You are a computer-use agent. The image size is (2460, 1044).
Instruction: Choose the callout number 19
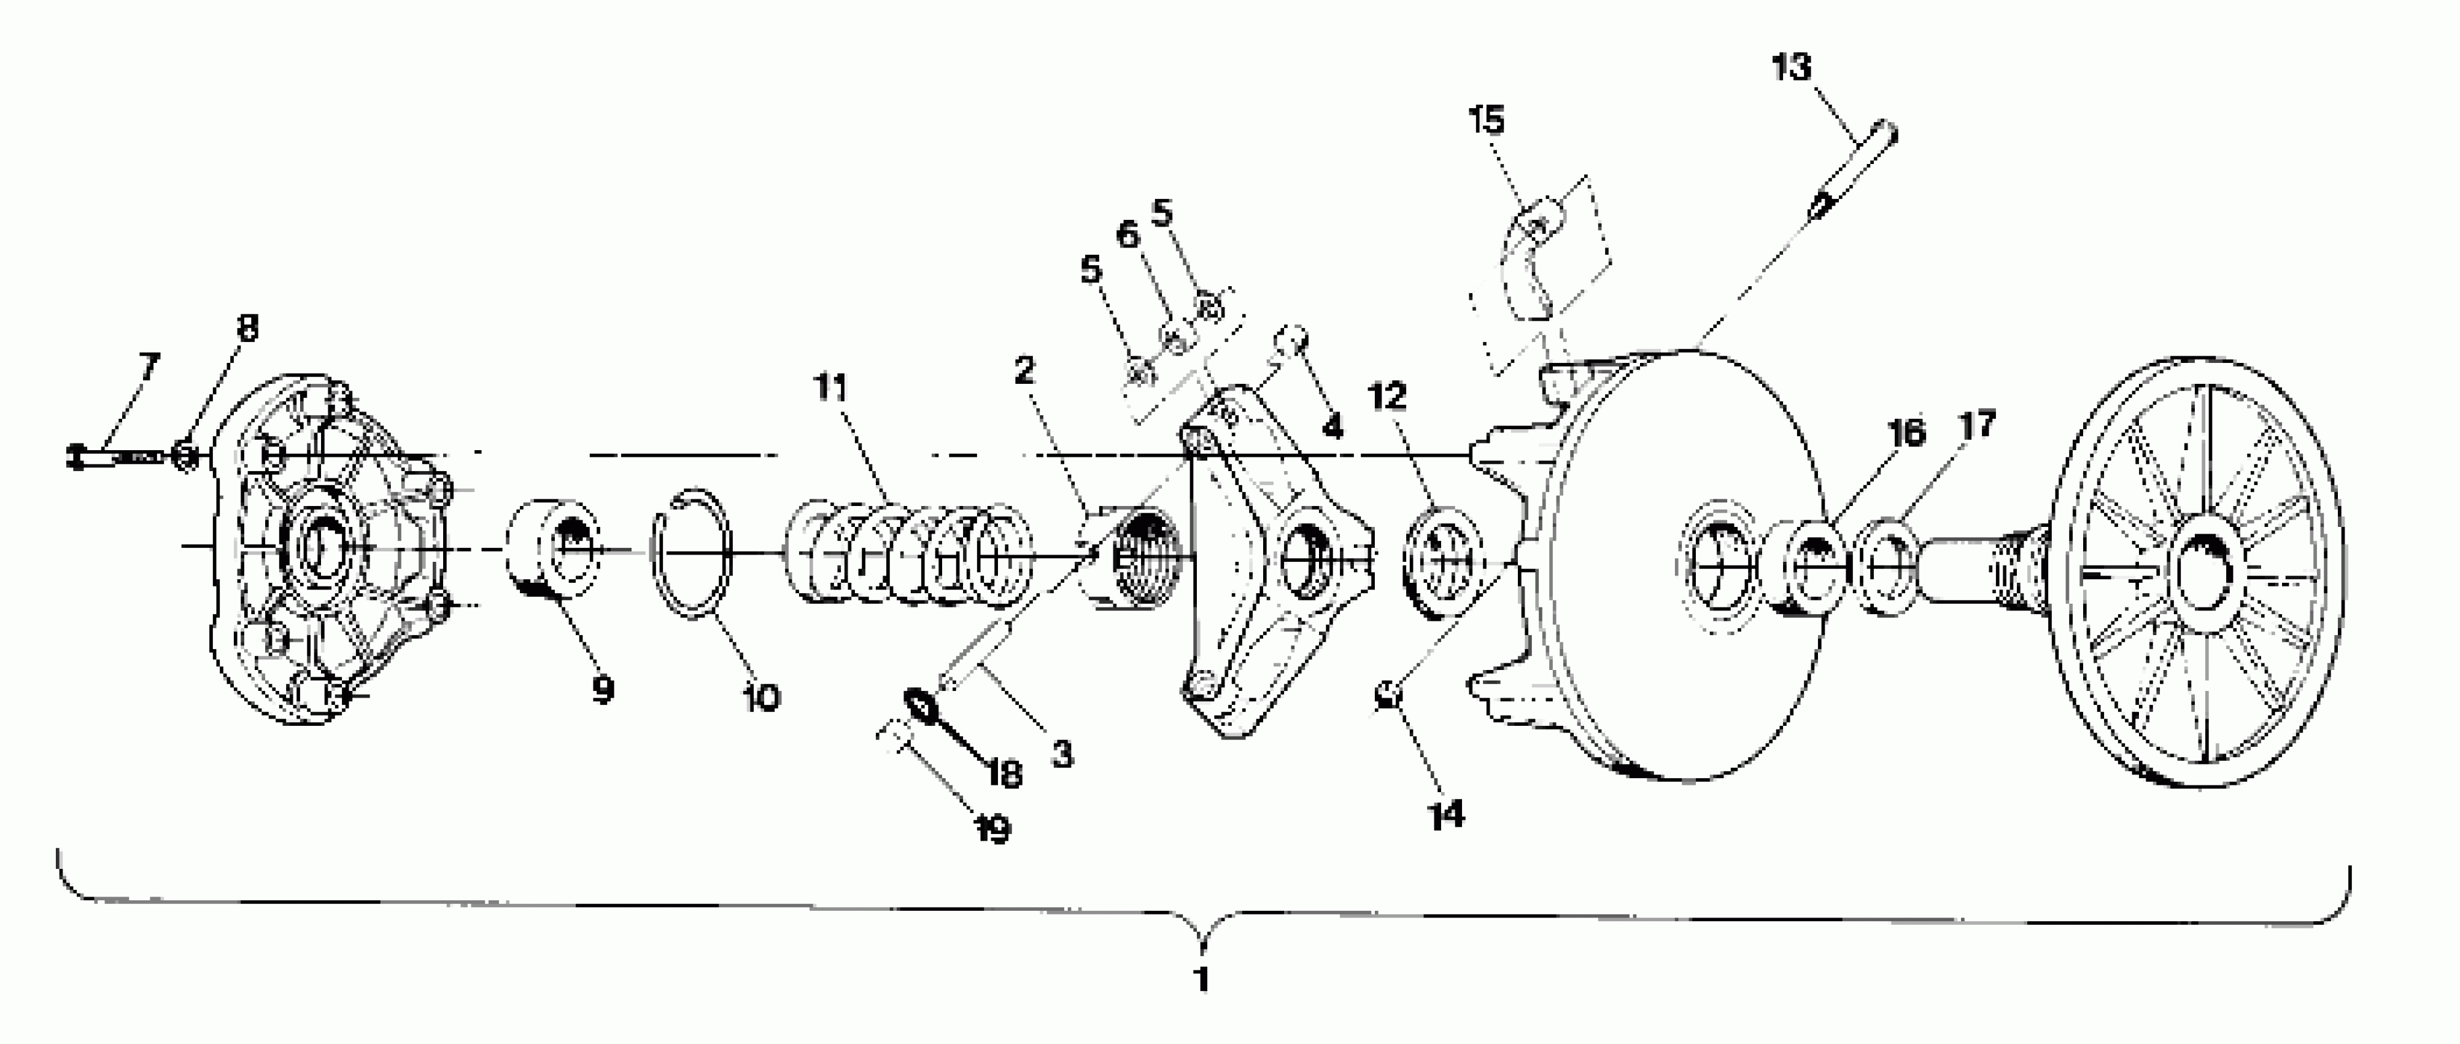click(x=993, y=828)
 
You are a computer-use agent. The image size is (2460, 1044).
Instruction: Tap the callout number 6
click(x=1128, y=234)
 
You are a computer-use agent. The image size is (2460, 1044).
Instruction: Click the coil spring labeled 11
click(x=907, y=554)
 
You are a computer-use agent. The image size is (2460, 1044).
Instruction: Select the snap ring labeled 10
click(x=691, y=553)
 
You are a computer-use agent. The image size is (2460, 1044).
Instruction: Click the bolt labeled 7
click(x=115, y=456)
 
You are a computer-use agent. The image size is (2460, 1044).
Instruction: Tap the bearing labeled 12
click(x=1442, y=562)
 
